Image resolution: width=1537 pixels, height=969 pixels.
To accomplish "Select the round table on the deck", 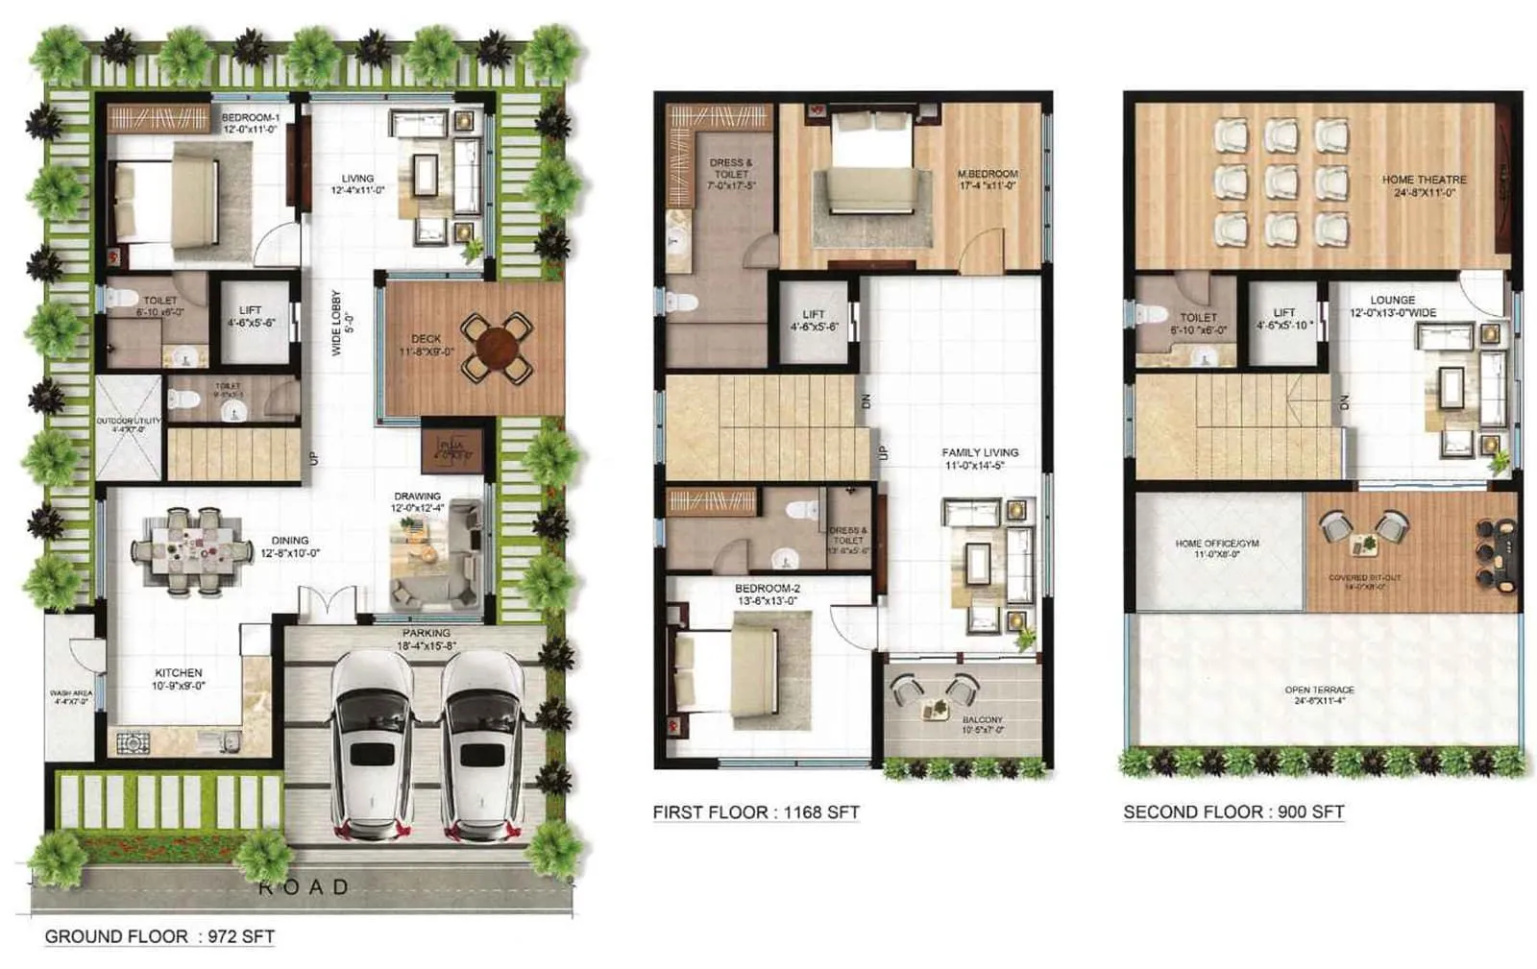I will click(497, 346).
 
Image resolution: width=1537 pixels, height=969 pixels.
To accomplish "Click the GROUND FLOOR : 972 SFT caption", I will click(159, 936).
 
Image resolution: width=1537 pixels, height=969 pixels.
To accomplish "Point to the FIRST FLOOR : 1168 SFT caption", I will click(756, 812).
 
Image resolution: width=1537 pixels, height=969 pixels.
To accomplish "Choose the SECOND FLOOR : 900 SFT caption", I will click(1233, 812).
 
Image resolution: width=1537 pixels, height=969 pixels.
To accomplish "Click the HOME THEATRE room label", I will click(1424, 180).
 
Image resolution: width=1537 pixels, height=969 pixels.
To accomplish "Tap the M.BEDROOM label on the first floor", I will click(987, 175).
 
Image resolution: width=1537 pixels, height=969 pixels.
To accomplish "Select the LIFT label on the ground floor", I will click(251, 310).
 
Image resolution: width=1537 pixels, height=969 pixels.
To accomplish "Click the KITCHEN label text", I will click(179, 673).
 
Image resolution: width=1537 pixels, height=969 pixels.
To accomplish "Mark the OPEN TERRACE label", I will click(1319, 690).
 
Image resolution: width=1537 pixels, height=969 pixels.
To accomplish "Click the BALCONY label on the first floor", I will click(982, 719).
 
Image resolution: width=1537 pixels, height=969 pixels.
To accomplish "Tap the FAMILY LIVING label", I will click(980, 452).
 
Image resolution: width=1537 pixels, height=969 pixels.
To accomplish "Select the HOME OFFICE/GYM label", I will click(1216, 544).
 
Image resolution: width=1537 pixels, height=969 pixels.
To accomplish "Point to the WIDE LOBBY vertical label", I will click(336, 323).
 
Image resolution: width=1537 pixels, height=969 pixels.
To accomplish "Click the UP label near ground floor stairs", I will click(312, 459).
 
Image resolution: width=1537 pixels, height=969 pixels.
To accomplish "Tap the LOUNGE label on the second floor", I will click(1392, 301).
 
